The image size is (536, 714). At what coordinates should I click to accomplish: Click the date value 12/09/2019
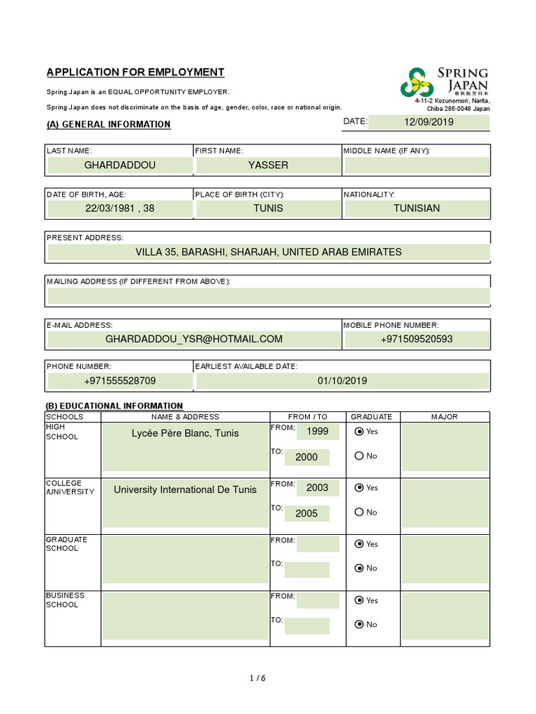click(x=429, y=122)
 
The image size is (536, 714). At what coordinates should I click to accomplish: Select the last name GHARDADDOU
click(x=120, y=165)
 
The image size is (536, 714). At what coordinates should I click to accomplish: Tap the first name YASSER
click(x=268, y=165)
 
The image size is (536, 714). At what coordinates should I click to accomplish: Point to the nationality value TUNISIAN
click(x=417, y=208)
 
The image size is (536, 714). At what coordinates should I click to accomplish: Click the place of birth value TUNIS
click(x=268, y=208)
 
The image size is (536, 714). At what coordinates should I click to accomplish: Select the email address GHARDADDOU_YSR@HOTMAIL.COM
click(x=194, y=339)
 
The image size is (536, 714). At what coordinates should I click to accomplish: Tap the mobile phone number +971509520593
click(x=417, y=339)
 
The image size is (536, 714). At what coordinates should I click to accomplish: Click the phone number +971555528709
click(x=120, y=381)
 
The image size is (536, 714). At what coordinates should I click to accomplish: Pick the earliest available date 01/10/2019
click(x=342, y=381)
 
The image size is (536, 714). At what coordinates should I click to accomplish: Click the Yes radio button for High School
click(x=359, y=432)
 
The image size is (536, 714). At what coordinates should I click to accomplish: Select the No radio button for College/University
click(x=359, y=512)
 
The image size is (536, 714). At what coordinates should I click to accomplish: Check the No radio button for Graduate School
click(x=359, y=568)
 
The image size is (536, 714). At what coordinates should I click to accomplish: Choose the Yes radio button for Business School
click(x=359, y=600)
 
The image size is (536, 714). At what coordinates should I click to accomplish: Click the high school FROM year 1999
click(x=317, y=432)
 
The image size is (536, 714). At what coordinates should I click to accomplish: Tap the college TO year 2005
click(x=306, y=513)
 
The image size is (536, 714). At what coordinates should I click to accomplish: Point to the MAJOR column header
click(x=445, y=417)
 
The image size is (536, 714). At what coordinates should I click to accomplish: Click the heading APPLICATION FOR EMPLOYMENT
click(x=135, y=72)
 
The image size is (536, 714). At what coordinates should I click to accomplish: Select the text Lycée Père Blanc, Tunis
click(x=185, y=433)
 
